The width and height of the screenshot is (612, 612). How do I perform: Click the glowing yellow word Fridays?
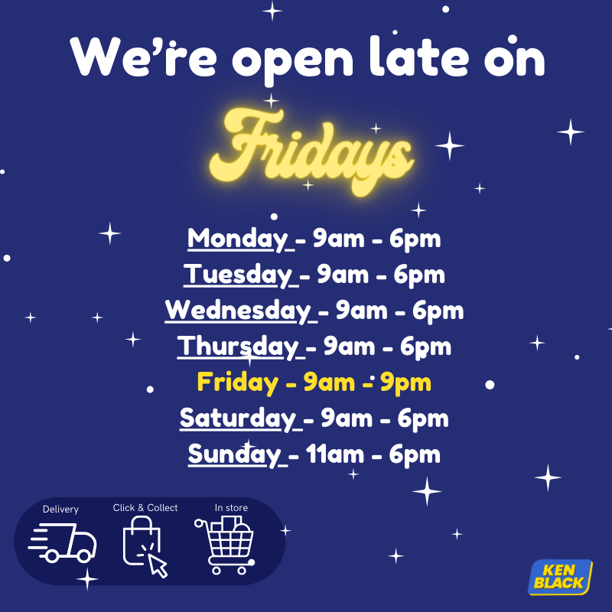click(x=311, y=152)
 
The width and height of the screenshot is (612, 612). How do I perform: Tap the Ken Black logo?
click(x=560, y=578)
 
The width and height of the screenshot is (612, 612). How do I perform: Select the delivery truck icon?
click(x=63, y=543)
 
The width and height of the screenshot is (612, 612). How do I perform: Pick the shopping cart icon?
click(x=225, y=545)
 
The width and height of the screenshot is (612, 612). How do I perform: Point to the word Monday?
click(x=238, y=239)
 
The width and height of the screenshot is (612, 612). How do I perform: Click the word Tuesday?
click(x=238, y=275)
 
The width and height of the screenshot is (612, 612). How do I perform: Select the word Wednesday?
click(x=238, y=311)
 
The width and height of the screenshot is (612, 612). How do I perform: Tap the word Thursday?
click(x=238, y=347)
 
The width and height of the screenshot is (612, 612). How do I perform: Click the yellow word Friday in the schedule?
click(x=238, y=382)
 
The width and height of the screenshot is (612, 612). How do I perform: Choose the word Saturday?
click(x=238, y=418)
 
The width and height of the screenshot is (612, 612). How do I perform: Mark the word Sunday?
click(x=235, y=454)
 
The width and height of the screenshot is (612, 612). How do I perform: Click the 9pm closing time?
click(x=406, y=383)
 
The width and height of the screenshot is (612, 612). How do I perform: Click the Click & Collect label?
click(x=145, y=508)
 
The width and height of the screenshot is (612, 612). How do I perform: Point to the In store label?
click(x=231, y=508)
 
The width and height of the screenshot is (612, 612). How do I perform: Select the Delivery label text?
click(x=60, y=509)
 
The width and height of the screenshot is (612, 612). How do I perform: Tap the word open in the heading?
click(x=293, y=62)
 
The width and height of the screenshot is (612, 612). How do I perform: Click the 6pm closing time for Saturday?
click(x=423, y=419)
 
